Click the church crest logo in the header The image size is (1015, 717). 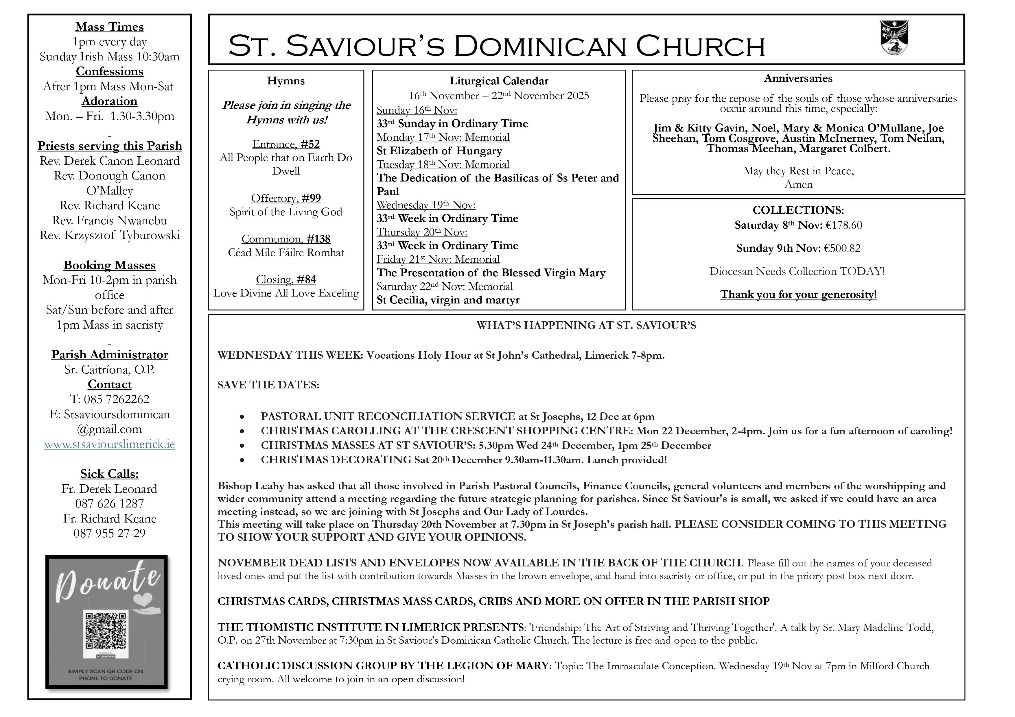pyautogui.click(x=894, y=38)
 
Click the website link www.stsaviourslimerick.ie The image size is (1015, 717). pyautogui.click(x=110, y=444)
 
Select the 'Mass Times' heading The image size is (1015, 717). pyautogui.click(x=110, y=27)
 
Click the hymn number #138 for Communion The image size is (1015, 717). pyautogui.click(x=318, y=239)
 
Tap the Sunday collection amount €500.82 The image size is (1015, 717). pyautogui.click(x=842, y=248)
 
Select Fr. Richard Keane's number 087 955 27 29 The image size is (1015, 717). pyautogui.click(x=110, y=533)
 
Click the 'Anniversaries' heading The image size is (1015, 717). pyautogui.click(x=798, y=79)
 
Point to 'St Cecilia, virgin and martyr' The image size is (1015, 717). pyautogui.click(x=448, y=300)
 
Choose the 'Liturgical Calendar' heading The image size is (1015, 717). pyautogui.click(x=499, y=81)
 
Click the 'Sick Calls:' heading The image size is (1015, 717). pyautogui.click(x=110, y=474)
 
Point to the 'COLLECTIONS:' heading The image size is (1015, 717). pyautogui.click(x=798, y=210)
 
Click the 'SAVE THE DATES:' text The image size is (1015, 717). pyautogui.click(x=268, y=385)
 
